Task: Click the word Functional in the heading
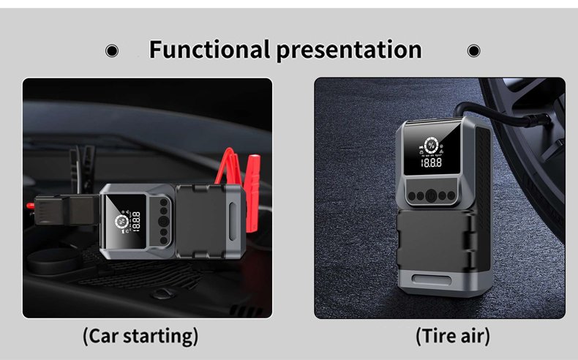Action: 209,50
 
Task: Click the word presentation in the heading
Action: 349,50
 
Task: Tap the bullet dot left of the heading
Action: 112,50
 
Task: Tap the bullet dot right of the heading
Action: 473,50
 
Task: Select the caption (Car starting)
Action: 140,336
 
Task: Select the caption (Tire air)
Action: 453,336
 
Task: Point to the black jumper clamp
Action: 82,166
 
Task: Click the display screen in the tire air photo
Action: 432,150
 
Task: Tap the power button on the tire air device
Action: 431,195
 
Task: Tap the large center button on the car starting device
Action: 164,221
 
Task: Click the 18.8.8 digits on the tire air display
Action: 431,163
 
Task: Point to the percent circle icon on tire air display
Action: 431,146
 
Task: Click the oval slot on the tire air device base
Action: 431,280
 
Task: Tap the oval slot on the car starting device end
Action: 233,221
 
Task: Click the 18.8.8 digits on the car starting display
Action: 136,222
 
